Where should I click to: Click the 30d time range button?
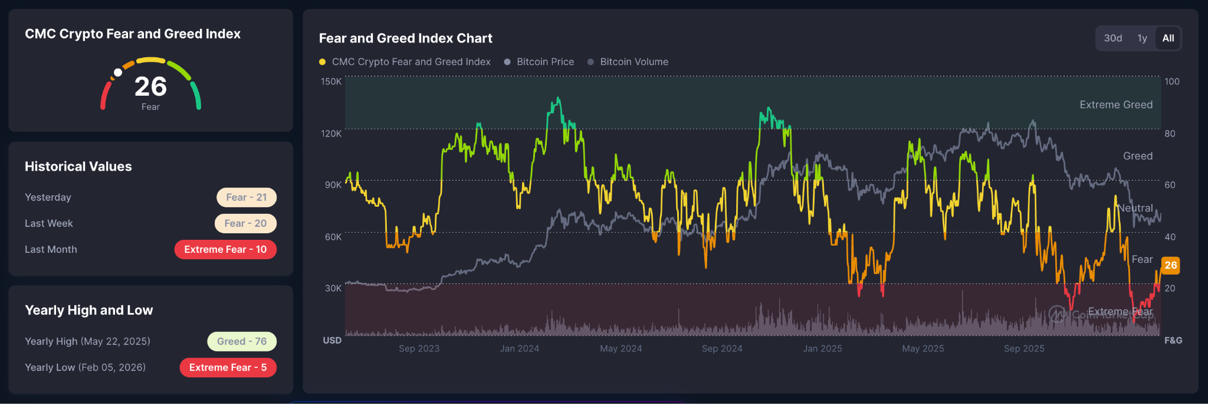coord(1113,38)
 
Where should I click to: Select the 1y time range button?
coord(1143,38)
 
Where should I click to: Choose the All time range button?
coord(1168,38)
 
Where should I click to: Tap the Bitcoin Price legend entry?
coord(539,62)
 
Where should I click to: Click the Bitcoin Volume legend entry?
coord(628,62)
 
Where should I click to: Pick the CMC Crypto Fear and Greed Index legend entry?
coord(405,62)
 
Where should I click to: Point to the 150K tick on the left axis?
coord(331,82)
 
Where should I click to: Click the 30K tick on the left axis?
coord(333,288)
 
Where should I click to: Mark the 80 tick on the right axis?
coord(1170,133)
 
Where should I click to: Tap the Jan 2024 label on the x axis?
coord(520,348)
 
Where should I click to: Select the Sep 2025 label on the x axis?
coord(1024,348)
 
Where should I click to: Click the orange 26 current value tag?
coord(1171,265)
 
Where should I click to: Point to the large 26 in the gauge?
coord(150,87)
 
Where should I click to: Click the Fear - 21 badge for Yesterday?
coord(247,197)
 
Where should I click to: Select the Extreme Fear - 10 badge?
coord(225,249)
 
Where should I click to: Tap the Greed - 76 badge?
coord(242,341)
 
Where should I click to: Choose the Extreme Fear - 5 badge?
coord(228,367)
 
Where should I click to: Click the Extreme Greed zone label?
coord(1116,105)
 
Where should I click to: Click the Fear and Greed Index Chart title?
coord(406,38)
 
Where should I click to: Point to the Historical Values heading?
coord(78,167)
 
